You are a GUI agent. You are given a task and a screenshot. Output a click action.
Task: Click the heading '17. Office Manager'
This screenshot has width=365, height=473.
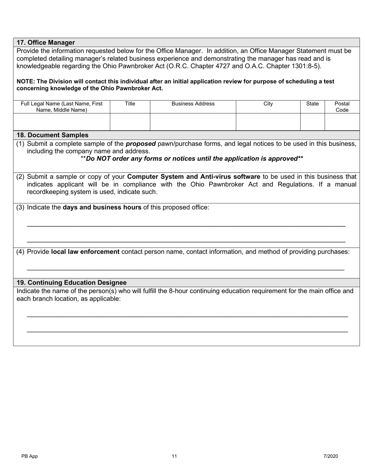[x=46, y=42]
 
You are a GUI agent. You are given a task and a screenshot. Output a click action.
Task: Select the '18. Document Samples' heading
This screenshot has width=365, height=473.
[x=53, y=135]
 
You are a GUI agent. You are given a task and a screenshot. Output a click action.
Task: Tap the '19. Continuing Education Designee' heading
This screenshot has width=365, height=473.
[x=71, y=283]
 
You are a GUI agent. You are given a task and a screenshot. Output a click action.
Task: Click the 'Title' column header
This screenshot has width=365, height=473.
[x=130, y=104]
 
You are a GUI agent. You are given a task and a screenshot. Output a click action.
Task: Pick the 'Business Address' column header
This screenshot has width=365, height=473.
[x=193, y=104]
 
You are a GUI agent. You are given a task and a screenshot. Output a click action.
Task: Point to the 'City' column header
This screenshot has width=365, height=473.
[x=268, y=104]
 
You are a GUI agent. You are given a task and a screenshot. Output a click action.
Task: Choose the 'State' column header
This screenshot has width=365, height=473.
[x=312, y=104]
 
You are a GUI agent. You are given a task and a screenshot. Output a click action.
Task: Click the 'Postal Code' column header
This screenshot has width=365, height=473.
[x=342, y=107]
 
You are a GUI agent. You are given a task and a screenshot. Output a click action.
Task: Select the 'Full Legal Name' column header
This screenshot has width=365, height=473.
[x=61, y=107]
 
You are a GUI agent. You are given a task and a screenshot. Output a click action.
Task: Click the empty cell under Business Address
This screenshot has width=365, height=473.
[x=193, y=122]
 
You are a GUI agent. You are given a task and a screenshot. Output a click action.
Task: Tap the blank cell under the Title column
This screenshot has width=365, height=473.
[x=130, y=122]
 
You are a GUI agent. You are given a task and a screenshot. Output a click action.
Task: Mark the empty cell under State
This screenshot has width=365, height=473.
[x=312, y=122]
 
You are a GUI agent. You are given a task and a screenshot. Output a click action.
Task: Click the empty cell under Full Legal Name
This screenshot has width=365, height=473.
[x=61, y=122]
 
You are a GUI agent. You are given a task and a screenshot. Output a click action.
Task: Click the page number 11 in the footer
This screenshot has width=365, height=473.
[x=174, y=456]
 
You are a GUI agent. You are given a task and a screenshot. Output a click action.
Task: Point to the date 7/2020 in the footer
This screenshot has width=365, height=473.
[x=330, y=456]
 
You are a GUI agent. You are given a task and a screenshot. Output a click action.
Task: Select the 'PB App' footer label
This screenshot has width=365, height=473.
[x=30, y=456]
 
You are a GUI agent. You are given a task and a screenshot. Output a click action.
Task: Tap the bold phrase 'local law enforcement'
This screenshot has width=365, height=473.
[x=85, y=251]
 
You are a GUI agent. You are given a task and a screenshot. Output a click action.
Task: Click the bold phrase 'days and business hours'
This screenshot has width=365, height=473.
[x=102, y=207]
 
